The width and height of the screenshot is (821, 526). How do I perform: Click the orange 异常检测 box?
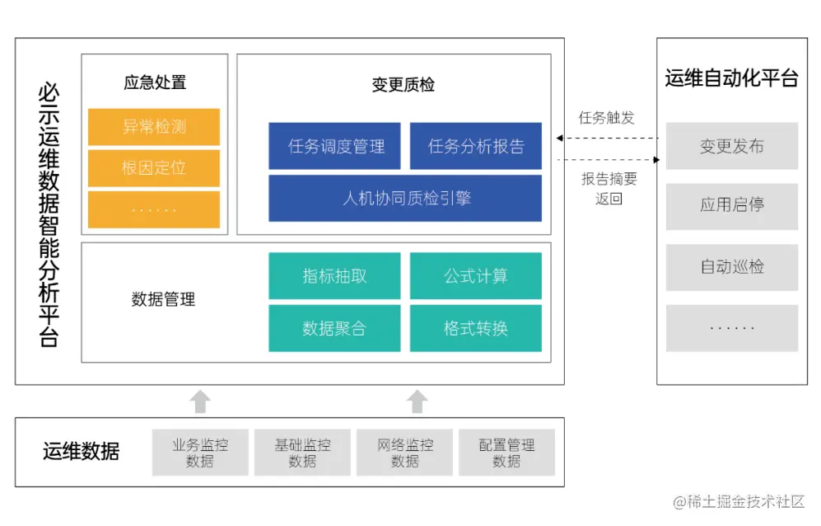(154, 127)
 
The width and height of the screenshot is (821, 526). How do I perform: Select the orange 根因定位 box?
(154, 168)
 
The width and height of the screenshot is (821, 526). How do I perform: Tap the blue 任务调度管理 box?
(335, 147)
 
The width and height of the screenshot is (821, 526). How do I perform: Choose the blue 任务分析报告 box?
(476, 147)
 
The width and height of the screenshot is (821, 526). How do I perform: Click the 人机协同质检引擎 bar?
(405, 198)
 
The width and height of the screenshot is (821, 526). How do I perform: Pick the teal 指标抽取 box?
(335, 276)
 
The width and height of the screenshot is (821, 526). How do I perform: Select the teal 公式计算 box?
(476, 276)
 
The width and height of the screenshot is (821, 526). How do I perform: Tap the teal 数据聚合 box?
(335, 328)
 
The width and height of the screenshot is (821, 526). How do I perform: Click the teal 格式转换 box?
(476, 328)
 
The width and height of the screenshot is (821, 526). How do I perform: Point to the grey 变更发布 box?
(731, 147)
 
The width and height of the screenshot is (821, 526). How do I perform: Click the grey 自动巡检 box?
(731, 267)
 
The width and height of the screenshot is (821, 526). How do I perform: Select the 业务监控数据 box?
(200, 453)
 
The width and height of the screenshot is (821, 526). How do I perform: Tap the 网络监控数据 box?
(404, 453)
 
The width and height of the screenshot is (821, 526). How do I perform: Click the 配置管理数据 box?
(506, 453)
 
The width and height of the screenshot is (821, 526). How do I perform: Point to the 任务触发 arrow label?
(607, 118)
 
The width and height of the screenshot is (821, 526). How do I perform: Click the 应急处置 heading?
(154, 82)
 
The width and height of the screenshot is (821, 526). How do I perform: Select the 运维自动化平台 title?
(731, 78)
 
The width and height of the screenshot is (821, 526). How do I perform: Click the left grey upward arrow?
(200, 402)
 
